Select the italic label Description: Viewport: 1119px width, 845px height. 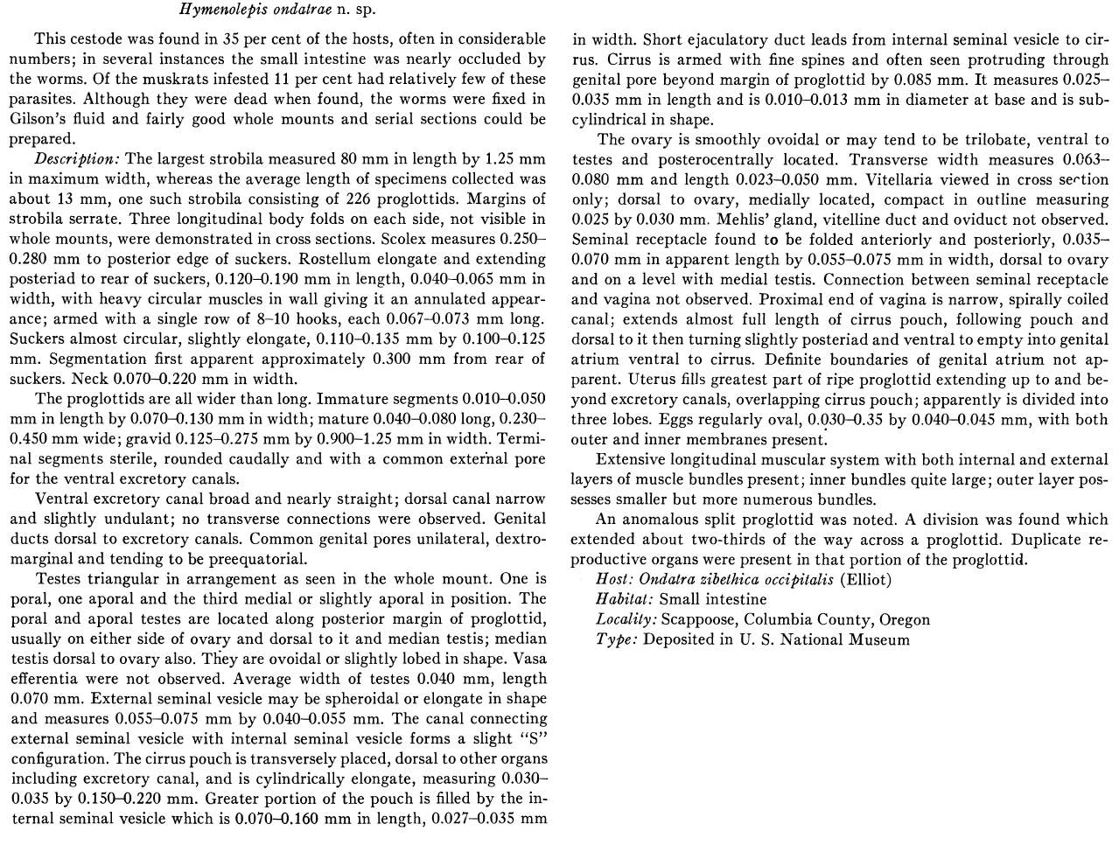tap(77, 159)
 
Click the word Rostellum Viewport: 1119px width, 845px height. tap(339, 259)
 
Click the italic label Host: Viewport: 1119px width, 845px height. tap(613, 579)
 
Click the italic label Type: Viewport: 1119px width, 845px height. tap(614, 639)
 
